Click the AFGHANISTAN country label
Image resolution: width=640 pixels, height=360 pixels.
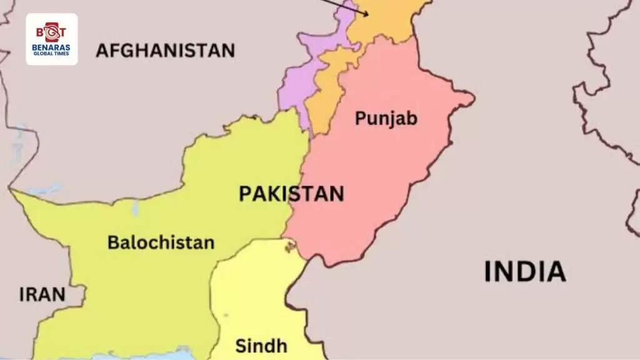pyautogui.click(x=165, y=50)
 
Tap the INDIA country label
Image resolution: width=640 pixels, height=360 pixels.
pyautogui.click(x=525, y=272)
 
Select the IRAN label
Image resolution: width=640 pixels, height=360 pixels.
pyautogui.click(x=42, y=295)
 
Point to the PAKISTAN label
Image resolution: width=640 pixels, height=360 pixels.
pyautogui.click(x=291, y=194)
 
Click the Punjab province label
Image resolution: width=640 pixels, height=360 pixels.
pyautogui.click(x=386, y=117)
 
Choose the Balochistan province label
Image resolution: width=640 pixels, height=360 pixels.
pyautogui.click(x=161, y=242)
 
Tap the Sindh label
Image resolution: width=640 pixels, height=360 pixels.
pyautogui.click(x=261, y=346)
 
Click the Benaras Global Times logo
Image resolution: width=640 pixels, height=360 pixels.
pyautogui.click(x=52, y=39)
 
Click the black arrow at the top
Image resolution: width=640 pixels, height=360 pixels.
pyautogui.click(x=344, y=6)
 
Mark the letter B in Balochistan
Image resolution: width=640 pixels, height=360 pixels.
pyautogui.click(x=113, y=242)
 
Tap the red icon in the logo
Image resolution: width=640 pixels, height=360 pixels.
pyautogui.click(x=52, y=31)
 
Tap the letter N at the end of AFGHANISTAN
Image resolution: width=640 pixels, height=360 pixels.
pyautogui.click(x=228, y=50)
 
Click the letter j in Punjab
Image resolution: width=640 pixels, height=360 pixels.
pyautogui.click(x=394, y=119)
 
